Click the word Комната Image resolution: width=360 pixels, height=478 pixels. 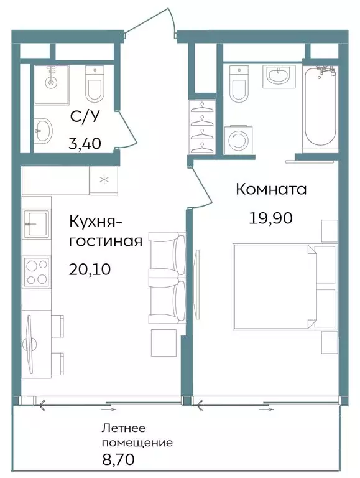(x=270, y=189)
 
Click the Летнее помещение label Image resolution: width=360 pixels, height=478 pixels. (x=137, y=436)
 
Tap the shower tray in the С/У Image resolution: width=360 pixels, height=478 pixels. (x=51, y=83)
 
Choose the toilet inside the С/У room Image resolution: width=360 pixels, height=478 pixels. (x=95, y=84)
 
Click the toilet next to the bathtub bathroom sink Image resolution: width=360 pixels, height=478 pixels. (x=239, y=85)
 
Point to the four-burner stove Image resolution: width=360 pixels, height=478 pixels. (x=36, y=271)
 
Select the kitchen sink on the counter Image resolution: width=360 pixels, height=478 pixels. (x=36, y=223)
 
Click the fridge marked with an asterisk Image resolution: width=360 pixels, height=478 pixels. (x=103, y=180)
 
